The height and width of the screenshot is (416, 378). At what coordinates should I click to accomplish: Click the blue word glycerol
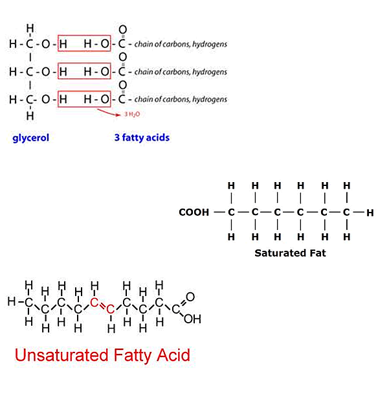coord(31,138)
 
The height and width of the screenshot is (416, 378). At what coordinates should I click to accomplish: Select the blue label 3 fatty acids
coord(142,137)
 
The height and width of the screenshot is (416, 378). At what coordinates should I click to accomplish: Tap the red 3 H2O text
coord(132,114)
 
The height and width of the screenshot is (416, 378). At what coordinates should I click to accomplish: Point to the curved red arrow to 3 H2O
coord(107,113)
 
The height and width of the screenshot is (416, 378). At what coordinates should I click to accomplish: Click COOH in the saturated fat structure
coord(194,213)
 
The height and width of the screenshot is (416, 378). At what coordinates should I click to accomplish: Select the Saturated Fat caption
coord(290,253)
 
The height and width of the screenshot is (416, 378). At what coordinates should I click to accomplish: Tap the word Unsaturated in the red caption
coord(61,355)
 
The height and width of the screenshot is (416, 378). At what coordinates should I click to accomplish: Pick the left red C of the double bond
coord(94,303)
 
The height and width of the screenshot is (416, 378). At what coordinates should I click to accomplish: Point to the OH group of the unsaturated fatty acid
coord(192,319)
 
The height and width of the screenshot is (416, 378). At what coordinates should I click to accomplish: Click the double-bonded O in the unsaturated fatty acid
coord(190,297)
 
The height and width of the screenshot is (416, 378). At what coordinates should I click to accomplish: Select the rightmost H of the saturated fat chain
coord(370,213)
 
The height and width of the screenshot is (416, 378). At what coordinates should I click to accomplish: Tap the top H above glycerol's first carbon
coord(30,28)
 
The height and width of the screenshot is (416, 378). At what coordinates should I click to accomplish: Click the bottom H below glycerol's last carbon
coord(30,116)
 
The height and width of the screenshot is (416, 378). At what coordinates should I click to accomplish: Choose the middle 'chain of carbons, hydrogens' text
coord(181,72)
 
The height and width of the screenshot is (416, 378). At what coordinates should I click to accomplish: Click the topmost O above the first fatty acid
coord(122,29)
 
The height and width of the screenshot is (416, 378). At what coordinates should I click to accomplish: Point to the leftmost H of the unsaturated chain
coord(12,301)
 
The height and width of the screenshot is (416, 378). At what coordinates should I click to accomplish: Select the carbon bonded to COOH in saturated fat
coord(231,213)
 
